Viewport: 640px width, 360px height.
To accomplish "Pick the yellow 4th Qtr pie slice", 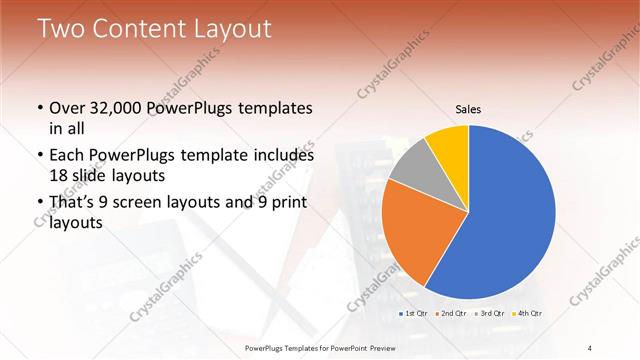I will pos(451,144).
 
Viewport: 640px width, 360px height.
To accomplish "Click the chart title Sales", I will pos(469,108).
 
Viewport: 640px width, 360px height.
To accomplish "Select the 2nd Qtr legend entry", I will pos(452,314).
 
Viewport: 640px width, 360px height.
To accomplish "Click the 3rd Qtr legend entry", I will pos(489,314).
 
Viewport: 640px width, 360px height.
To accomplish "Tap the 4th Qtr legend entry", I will pos(527,314).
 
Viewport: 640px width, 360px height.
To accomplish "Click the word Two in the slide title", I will pos(62,29).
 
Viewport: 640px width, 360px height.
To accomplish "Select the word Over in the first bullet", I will pos(67,108).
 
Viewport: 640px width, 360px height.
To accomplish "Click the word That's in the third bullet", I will pos(73,204).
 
